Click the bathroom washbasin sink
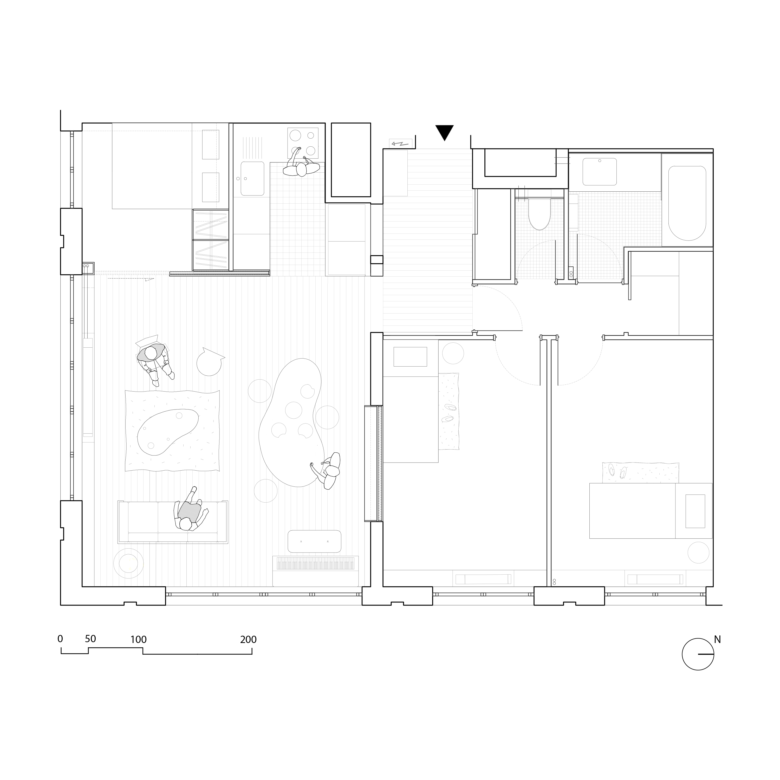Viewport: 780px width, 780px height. pyautogui.click(x=600, y=172)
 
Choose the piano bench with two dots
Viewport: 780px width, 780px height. pyautogui.click(x=315, y=541)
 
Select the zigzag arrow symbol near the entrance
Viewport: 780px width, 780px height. pyautogui.click(x=400, y=143)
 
